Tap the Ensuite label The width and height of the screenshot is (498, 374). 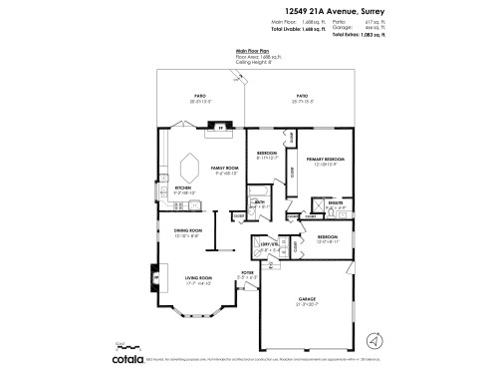[335, 205]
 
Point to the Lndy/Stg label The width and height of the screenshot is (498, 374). [268, 244]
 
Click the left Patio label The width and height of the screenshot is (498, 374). [199, 96]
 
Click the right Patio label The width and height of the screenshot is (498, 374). [301, 97]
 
